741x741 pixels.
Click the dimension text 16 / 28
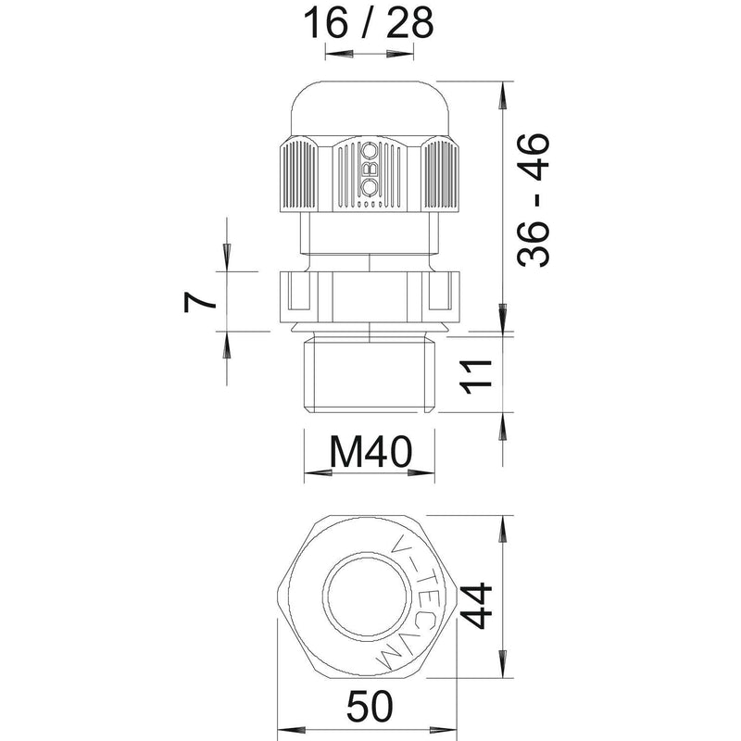point(368,24)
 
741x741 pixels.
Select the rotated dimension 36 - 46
point(534,199)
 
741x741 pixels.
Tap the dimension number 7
point(199,302)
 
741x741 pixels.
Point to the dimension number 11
point(476,377)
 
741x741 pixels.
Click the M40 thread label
point(371,452)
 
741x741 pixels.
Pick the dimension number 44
point(476,606)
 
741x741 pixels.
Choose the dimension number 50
point(370,706)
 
